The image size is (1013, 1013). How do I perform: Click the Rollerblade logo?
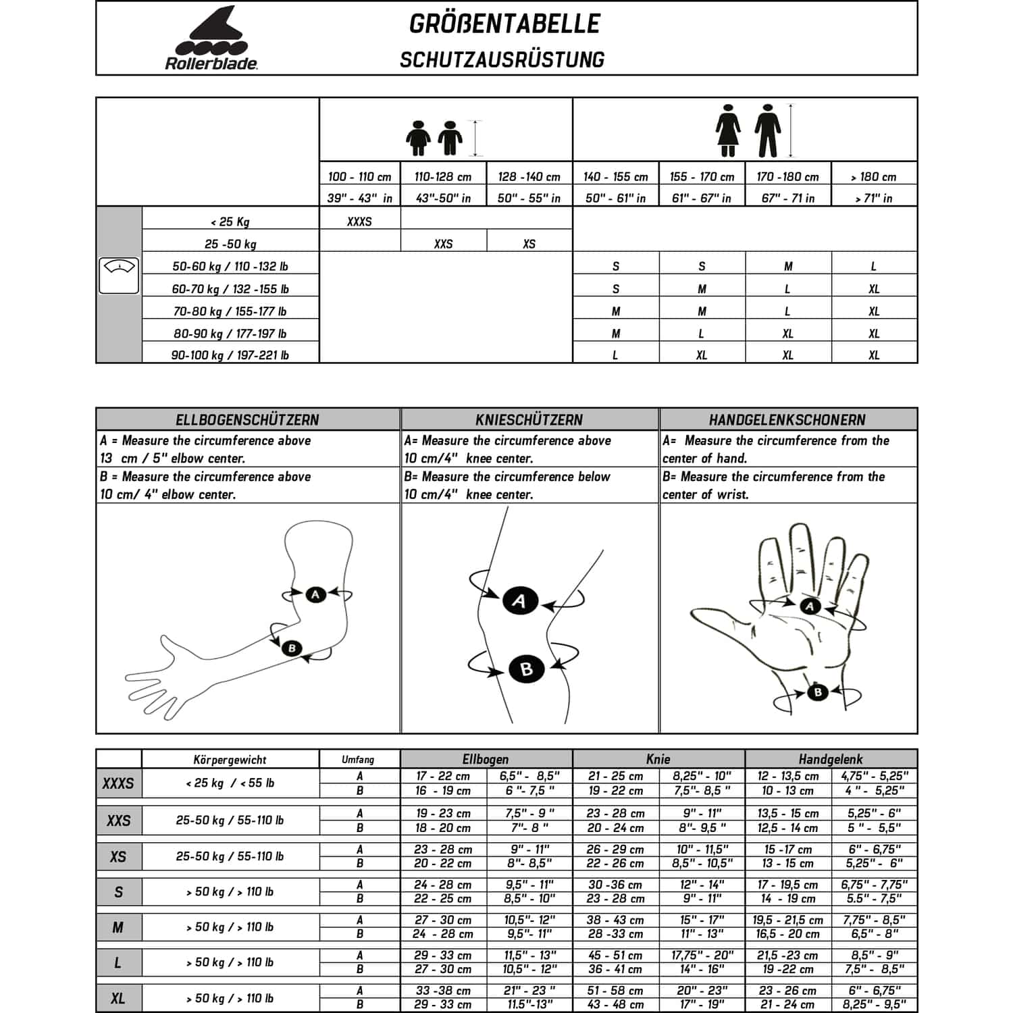point(211,38)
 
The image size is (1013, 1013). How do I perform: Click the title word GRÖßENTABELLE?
point(504,24)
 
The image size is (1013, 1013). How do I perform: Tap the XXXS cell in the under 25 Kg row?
point(359,222)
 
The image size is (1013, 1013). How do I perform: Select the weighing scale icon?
point(119,276)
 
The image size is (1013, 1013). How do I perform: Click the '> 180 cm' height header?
point(874,177)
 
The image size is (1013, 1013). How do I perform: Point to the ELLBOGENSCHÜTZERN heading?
point(247,419)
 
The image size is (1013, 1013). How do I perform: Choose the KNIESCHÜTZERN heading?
point(529,419)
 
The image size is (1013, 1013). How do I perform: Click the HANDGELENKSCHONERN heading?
point(787,419)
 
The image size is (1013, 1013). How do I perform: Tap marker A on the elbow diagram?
point(315,594)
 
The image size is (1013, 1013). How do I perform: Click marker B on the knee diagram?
point(526,669)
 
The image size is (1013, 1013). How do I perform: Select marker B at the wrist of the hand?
point(818,692)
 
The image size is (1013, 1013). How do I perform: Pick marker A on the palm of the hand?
point(810,606)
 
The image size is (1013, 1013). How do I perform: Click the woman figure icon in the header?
point(729,130)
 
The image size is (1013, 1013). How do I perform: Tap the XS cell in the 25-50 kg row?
point(529,244)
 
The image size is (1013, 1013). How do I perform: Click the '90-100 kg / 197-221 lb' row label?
point(230,355)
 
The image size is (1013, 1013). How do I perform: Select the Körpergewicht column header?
point(230,760)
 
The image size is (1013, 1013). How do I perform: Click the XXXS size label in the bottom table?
point(118,783)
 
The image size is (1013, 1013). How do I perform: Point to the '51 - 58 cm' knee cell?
point(615,991)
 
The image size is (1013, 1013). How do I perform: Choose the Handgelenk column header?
point(830,759)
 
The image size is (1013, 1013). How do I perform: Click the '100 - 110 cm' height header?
point(359,177)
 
